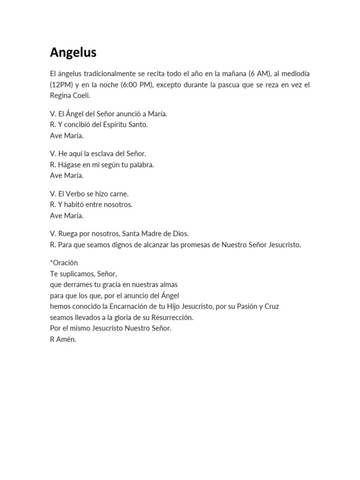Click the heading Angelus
(x=73, y=53)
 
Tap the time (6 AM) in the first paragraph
(x=258, y=75)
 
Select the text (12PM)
(x=62, y=85)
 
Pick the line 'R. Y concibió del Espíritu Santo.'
(x=98, y=125)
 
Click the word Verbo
(x=75, y=194)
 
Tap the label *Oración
(x=64, y=262)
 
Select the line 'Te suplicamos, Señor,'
(x=83, y=273)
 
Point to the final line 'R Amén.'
(x=63, y=339)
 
